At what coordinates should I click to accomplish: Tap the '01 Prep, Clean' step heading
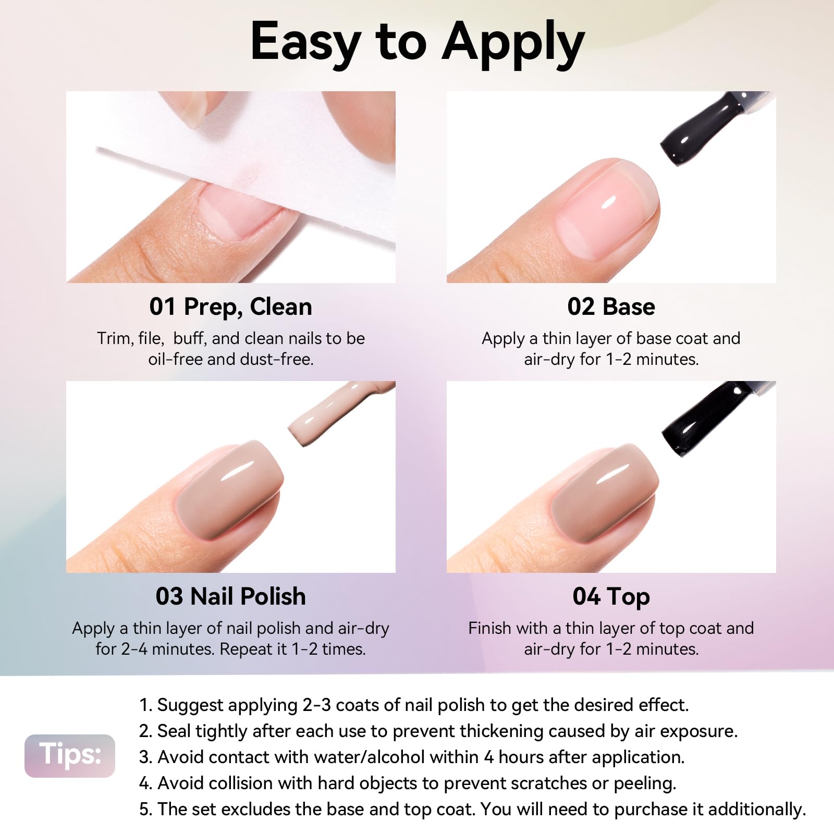230,307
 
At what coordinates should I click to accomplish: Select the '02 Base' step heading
611,306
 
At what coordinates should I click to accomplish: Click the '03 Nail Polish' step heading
230,596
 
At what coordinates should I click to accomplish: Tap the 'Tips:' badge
70,756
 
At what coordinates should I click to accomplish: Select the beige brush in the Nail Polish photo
339,412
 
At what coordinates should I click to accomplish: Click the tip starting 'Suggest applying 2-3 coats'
414,705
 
